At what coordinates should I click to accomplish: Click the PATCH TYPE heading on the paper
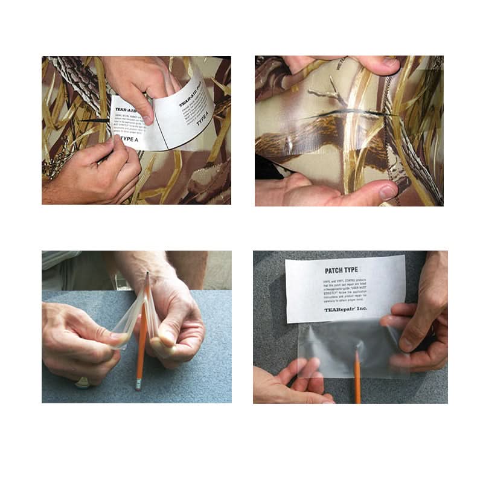pyautogui.click(x=342, y=269)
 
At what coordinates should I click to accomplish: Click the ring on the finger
pyautogui.click(x=83, y=382)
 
